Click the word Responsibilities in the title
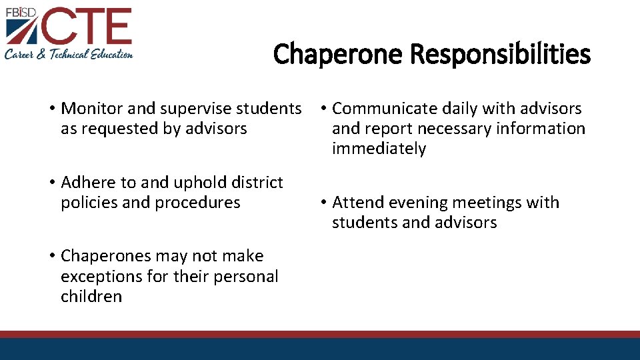(x=500, y=54)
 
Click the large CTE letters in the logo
(x=93, y=27)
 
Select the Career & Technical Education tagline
(x=69, y=54)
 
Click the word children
(x=91, y=296)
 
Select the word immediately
(x=379, y=149)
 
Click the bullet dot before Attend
(x=321, y=203)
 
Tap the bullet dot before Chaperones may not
(x=51, y=257)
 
